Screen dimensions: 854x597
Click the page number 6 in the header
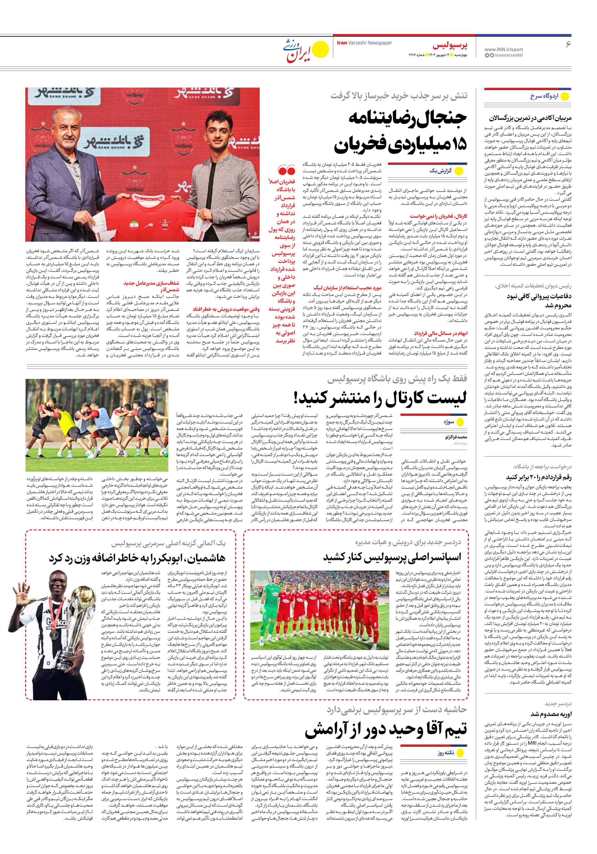(568, 44)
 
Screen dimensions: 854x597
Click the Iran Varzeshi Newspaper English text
(364, 43)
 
